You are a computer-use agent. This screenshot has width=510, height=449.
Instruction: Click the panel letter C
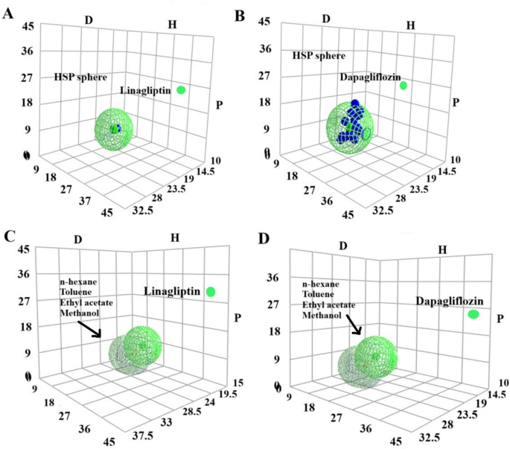8,237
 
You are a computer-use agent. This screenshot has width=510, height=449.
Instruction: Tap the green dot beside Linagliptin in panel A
182,90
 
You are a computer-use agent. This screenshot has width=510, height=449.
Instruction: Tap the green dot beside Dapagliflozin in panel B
404,86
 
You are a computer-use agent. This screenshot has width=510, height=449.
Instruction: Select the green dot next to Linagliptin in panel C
212,292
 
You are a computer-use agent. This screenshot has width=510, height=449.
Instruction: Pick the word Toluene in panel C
76,293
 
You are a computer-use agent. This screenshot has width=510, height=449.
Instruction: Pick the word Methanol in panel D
322,315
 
